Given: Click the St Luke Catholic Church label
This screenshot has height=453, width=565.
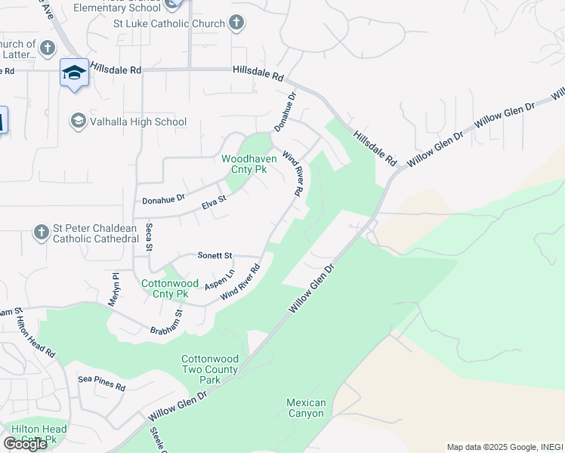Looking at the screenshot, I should pyautogui.click(x=169, y=23).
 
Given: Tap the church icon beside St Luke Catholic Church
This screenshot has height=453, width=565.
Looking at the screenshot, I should pyautogui.click(x=237, y=23).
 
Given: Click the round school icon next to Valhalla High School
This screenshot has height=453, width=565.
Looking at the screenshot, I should pyautogui.click(x=78, y=121).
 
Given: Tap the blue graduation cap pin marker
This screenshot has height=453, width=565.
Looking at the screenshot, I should pyautogui.click(x=74, y=73).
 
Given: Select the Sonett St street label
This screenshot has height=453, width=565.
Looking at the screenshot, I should pyautogui.click(x=215, y=256).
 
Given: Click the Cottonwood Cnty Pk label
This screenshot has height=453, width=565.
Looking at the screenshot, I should pyautogui.click(x=165, y=289).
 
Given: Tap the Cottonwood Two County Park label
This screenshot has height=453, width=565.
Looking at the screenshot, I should pyautogui.click(x=210, y=370).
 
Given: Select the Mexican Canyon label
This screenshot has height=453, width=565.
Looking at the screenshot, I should pyautogui.click(x=306, y=408).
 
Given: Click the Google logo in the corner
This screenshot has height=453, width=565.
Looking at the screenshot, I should pyautogui.click(x=25, y=443).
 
